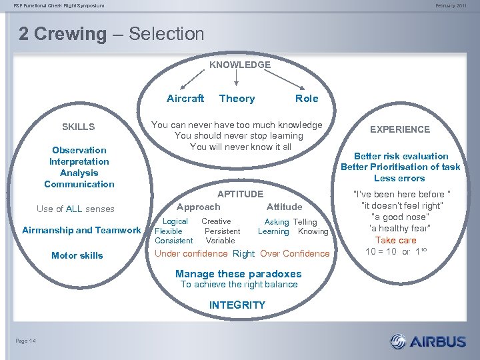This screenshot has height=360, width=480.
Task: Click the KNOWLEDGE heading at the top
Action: click(x=240, y=65)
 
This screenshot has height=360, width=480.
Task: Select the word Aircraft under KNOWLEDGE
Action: click(x=185, y=99)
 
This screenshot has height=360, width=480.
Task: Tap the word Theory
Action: click(x=237, y=99)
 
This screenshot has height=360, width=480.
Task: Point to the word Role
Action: click(x=307, y=99)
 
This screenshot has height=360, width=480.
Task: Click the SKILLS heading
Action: click(x=79, y=127)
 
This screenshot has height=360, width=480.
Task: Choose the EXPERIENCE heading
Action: click(x=400, y=129)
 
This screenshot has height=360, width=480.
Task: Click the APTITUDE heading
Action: click(x=240, y=194)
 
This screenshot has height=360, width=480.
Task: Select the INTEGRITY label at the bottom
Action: click(x=237, y=305)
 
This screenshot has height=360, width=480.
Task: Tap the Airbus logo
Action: click(x=428, y=341)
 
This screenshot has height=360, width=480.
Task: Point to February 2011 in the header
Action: click(x=451, y=5)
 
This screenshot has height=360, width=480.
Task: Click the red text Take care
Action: click(x=395, y=240)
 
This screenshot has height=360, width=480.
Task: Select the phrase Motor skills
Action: click(x=77, y=255)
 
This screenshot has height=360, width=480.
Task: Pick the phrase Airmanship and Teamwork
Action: click(x=81, y=230)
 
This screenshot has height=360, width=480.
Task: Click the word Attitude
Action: click(x=284, y=207)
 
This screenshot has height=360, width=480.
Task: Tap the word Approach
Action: click(x=198, y=207)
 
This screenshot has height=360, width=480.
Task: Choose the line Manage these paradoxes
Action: click(x=238, y=273)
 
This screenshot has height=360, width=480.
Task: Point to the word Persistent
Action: click(x=222, y=231)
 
